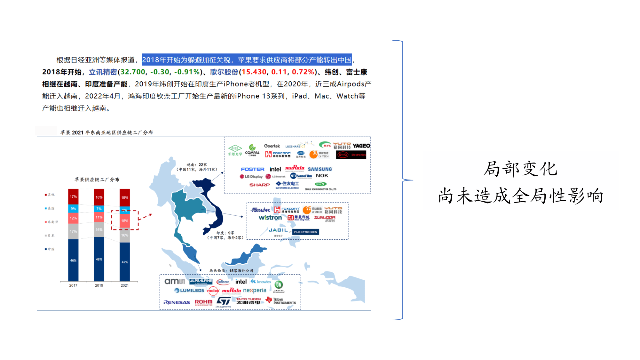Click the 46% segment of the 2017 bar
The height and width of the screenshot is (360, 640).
[73, 260]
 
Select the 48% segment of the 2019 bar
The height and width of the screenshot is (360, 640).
[99, 259]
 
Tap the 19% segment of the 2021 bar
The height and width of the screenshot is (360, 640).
[125, 197]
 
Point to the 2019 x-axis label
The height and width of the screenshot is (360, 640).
[99, 285]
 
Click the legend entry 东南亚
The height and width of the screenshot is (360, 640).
[52, 222]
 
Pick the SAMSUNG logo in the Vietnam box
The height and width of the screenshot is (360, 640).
[320, 169]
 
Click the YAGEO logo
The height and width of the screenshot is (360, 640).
[361, 146]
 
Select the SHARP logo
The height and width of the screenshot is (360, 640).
[259, 185]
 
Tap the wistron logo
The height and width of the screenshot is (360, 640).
[270, 218]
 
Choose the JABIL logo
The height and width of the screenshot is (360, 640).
[278, 230]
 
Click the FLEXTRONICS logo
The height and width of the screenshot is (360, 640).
[305, 232]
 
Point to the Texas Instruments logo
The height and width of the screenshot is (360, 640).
[281, 301]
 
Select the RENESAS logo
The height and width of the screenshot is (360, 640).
[177, 302]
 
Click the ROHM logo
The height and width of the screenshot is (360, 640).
[203, 302]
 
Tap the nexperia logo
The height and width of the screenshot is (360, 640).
[255, 290]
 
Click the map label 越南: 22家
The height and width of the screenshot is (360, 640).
[197, 165]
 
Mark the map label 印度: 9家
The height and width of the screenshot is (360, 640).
[225, 233]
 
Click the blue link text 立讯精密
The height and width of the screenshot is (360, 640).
[103, 72]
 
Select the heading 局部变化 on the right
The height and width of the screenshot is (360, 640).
[520, 169]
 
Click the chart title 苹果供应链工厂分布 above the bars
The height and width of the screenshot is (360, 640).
[97, 180]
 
